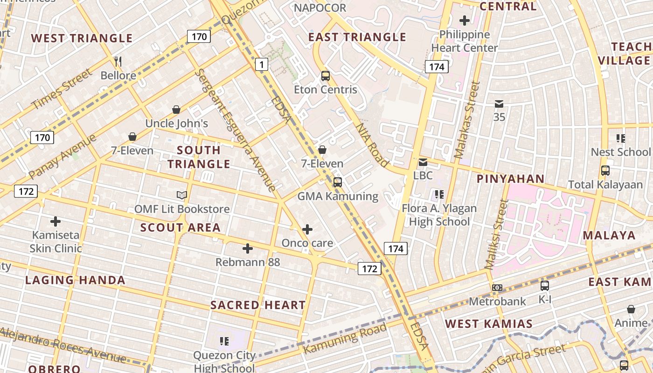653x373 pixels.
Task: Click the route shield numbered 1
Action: click(x=262, y=64)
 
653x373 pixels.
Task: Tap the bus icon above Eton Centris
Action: click(x=326, y=76)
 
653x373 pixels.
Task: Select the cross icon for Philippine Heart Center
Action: click(x=465, y=21)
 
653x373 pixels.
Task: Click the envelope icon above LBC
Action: click(x=423, y=162)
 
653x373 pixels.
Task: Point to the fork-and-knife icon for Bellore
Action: click(x=118, y=62)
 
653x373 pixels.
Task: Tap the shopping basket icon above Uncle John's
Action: click(x=176, y=110)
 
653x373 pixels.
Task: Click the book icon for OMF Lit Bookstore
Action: click(x=182, y=195)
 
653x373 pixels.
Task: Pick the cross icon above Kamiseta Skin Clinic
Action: click(x=56, y=221)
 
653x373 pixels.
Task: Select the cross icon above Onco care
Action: click(x=307, y=229)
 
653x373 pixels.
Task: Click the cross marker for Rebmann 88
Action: click(x=248, y=249)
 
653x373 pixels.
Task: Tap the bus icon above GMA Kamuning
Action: click(x=338, y=182)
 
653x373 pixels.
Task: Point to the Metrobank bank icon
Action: click(x=497, y=288)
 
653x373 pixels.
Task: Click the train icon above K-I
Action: click(x=545, y=285)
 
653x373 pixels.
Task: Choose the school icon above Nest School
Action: click(x=620, y=138)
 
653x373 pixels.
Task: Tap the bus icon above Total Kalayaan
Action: click(x=605, y=171)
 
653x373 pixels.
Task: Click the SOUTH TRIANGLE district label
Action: click(x=199, y=157)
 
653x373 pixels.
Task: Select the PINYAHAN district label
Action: click(x=510, y=179)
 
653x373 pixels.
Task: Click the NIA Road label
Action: click(x=372, y=145)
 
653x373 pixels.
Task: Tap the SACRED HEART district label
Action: click(x=258, y=305)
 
